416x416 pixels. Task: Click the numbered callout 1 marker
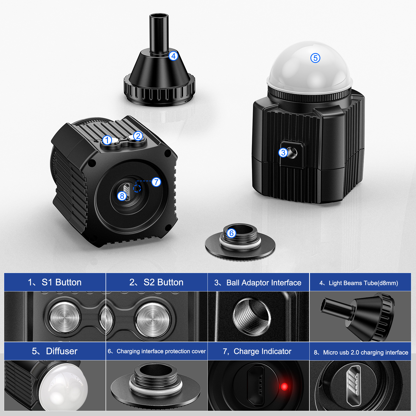coord(107,140)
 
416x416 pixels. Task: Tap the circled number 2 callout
coord(138,136)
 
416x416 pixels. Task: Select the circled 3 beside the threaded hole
coord(283,153)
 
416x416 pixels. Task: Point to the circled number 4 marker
coord(173,56)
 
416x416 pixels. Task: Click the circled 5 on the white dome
coord(315,58)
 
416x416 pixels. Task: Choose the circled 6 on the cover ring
coord(231,233)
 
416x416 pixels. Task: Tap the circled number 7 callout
coord(156,182)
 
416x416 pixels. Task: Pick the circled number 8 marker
coord(122,196)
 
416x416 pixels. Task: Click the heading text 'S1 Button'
coord(62,282)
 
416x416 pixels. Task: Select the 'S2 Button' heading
coord(164,282)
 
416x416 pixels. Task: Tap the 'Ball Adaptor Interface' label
coord(264,283)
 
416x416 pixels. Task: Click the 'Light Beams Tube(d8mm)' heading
coord(363,283)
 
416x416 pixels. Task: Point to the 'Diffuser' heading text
coord(62,351)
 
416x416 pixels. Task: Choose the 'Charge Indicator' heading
coord(263,352)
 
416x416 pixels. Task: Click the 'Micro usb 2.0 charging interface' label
coord(366,353)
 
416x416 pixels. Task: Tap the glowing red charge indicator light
coord(284,387)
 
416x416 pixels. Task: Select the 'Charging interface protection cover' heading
coord(161,352)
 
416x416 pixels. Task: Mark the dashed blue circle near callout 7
coord(137,188)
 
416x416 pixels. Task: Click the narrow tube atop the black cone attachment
coord(159,34)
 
